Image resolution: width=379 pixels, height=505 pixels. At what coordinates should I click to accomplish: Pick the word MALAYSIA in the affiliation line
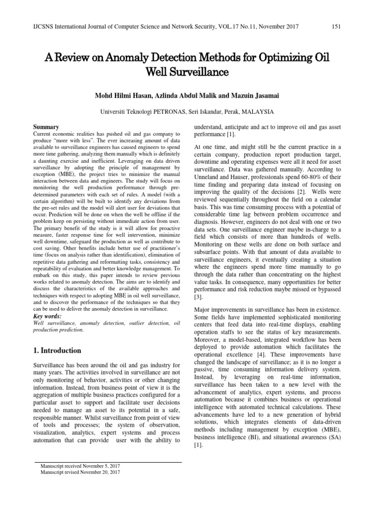pos(256,112)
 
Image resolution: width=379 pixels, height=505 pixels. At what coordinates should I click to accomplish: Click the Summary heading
pos(45,127)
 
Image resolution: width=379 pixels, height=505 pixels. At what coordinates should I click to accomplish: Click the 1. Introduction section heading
pos(56,351)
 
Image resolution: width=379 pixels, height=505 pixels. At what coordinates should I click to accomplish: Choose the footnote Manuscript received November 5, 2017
pos(79,466)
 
